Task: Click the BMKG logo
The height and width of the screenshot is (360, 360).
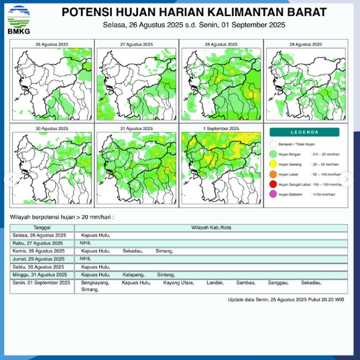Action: pos(18,19)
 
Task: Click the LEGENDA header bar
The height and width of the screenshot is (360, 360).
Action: pos(306,133)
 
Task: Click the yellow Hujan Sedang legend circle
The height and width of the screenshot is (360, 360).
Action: pos(273,163)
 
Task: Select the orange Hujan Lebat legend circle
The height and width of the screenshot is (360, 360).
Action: pos(273,173)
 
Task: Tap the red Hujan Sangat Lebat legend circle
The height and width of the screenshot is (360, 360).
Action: pos(273,183)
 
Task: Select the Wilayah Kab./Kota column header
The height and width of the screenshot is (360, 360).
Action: pos(212,228)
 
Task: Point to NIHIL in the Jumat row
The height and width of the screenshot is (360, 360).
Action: pos(86,259)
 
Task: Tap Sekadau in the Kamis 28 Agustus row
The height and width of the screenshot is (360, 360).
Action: pos(131,251)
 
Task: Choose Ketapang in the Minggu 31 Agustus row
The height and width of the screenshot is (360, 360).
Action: pos(134,275)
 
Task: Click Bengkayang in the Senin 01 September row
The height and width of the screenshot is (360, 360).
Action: pos(94,283)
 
